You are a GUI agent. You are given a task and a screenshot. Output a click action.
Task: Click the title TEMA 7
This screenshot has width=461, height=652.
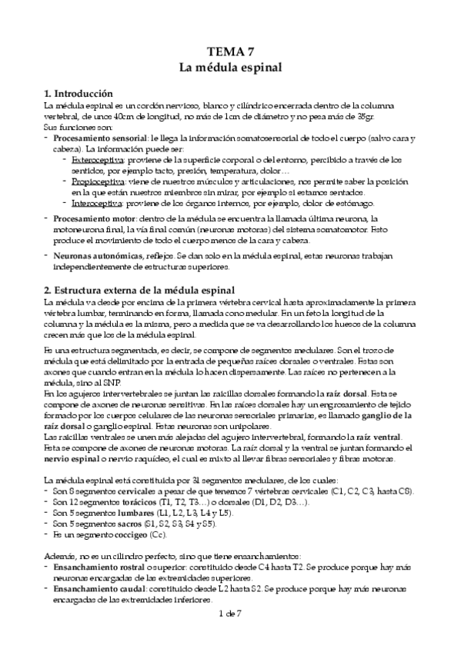231,52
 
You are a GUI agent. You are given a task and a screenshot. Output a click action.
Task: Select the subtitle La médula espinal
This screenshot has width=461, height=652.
231,68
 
